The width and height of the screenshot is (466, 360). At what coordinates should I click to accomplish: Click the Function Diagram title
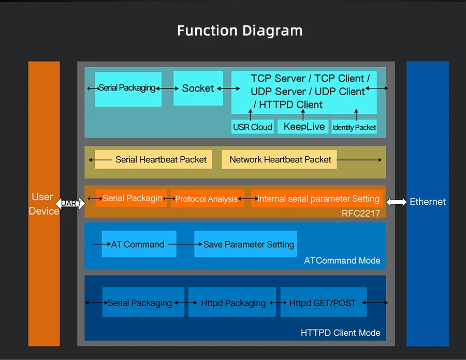240,31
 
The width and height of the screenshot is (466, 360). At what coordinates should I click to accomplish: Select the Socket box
198,88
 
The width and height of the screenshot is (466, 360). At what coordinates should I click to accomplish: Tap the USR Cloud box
252,127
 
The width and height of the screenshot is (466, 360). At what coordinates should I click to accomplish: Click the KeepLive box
304,127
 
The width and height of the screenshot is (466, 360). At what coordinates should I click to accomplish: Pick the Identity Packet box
354,127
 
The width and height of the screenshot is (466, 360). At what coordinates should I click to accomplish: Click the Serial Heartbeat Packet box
161,159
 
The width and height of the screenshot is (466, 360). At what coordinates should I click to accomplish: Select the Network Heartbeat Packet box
280,159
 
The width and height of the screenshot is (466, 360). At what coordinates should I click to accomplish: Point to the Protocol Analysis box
207,199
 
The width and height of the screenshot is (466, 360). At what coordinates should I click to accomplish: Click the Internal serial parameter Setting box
318,199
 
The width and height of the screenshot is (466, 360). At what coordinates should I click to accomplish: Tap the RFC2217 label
361,213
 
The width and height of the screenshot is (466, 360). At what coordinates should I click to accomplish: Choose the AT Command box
139,244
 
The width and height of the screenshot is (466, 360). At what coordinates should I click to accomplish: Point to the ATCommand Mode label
342,260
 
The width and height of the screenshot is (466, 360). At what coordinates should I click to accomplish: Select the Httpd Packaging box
233,303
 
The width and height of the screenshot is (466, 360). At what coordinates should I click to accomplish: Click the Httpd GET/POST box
323,303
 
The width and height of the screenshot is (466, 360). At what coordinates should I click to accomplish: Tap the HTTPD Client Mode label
340,333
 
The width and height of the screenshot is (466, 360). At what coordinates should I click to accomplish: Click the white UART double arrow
70,203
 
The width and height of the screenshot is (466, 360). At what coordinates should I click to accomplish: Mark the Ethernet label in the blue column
427,202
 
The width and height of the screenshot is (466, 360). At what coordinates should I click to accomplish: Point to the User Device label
43,204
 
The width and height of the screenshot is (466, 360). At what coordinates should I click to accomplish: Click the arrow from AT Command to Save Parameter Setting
181,244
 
